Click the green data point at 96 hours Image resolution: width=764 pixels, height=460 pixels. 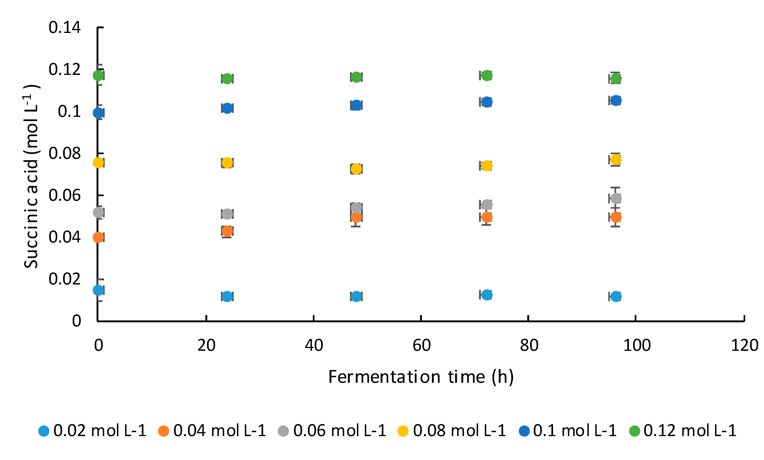point(615,79)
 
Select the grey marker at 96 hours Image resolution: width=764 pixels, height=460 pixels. point(615,198)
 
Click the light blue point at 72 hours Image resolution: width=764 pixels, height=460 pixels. point(487,295)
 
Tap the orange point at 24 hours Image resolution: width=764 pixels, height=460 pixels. point(227,231)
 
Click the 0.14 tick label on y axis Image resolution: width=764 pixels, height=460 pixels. point(65,28)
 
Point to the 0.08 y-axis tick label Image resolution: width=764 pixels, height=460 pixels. point(65,154)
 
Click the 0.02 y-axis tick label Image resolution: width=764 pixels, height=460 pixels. point(65,279)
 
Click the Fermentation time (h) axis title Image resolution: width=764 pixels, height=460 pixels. point(421,377)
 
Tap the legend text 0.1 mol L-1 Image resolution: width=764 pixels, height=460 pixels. point(575,431)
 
